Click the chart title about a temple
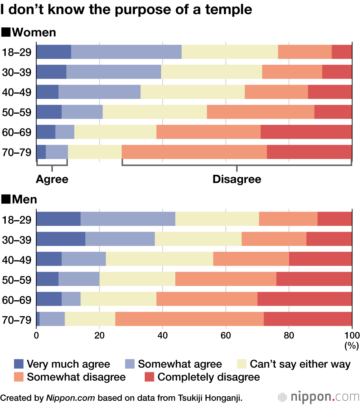126,10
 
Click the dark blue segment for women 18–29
54,52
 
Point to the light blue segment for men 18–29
128,219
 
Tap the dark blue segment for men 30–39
61,239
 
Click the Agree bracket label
52,179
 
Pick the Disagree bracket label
237,179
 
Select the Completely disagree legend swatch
149,377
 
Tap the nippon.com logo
319,397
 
